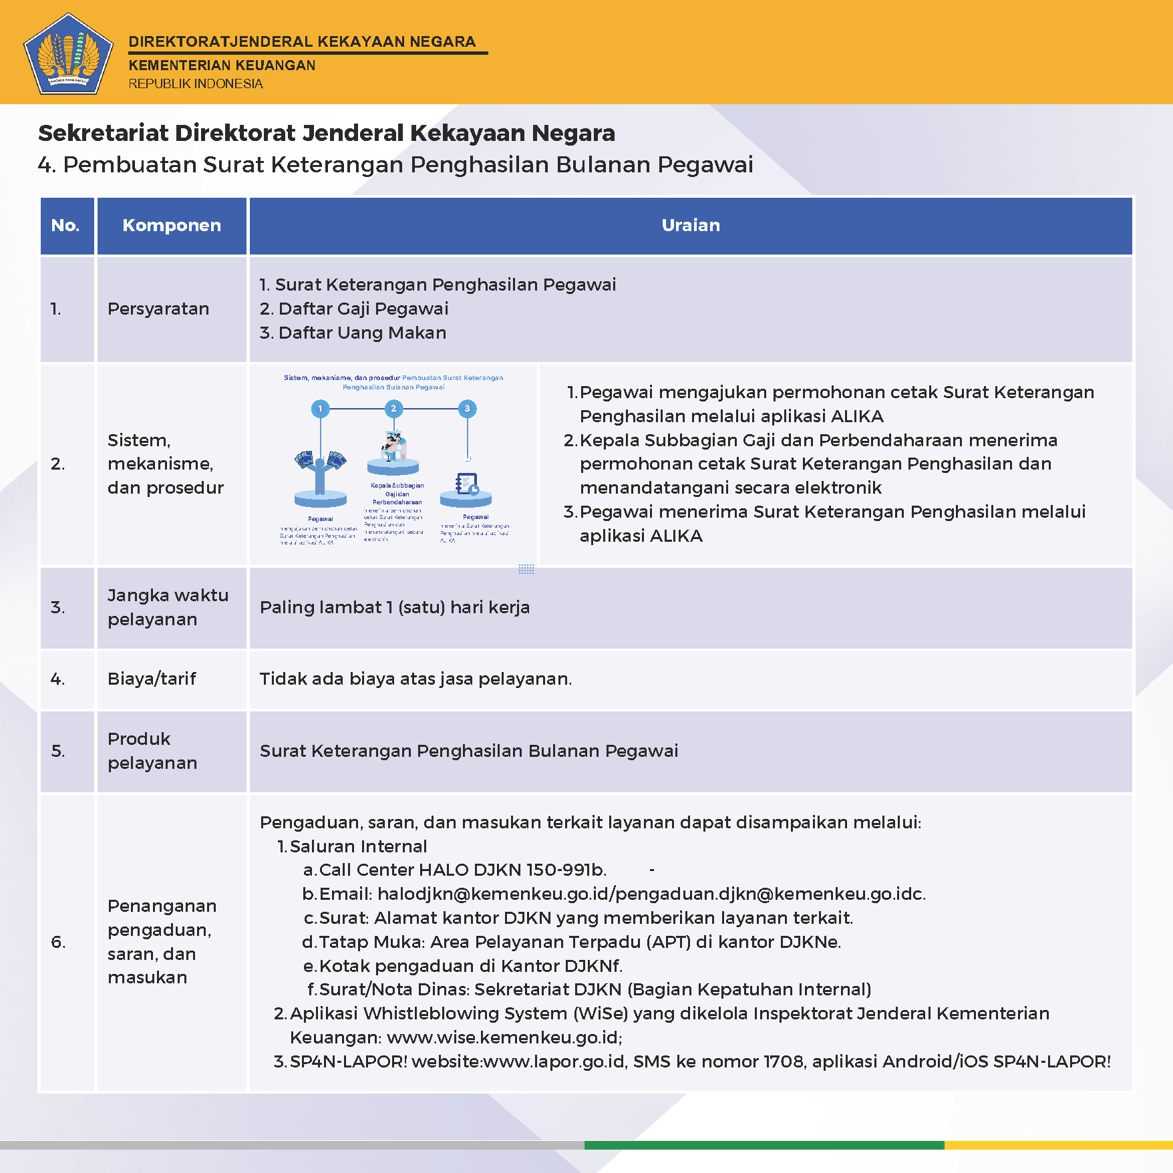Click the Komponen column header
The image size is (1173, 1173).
[172, 226]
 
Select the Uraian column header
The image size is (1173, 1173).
[691, 226]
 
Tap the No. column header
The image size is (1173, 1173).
[65, 226]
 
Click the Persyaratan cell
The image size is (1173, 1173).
[158, 309]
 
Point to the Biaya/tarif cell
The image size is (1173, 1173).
[152, 679]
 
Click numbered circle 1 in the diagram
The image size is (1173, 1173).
[321, 409]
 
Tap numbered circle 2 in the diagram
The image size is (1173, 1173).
[393, 409]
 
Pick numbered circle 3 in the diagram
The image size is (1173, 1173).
[467, 409]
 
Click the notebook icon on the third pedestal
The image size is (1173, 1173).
[466, 484]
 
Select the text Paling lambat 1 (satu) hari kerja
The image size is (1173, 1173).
[394, 608]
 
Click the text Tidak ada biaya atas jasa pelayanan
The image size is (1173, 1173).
[415, 679]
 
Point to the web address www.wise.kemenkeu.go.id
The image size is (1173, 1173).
[504, 1038]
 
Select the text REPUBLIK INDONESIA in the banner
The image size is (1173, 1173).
[196, 84]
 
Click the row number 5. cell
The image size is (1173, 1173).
[59, 751]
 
